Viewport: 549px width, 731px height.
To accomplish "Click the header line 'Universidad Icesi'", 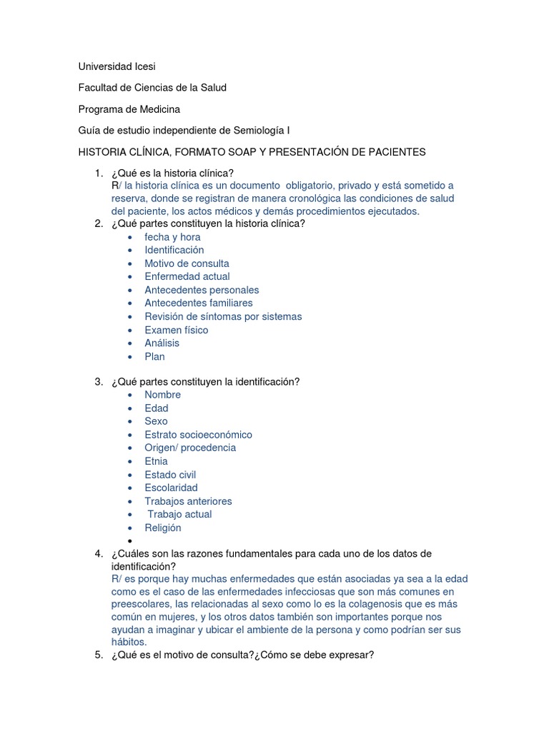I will (x=117, y=66).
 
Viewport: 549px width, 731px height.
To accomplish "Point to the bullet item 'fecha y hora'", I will (x=172, y=237).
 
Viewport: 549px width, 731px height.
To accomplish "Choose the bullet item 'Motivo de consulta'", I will (x=187, y=263).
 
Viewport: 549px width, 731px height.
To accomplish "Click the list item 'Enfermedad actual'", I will (x=187, y=276).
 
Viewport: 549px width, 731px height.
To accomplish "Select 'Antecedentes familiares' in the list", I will (x=198, y=303).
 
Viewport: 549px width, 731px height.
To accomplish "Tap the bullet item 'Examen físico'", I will (x=176, y=330).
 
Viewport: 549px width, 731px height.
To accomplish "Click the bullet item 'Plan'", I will (x=154, y=356).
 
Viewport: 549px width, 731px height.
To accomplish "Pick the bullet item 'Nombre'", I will (x=162, y=395).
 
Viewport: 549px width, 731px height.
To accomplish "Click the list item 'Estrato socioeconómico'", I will (x=198, y=435).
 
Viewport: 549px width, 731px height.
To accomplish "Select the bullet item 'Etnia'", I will (x=156, y=461).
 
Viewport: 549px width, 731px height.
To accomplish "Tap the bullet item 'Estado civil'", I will (x=170, y=475).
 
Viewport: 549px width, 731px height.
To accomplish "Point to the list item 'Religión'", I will (x=162, y=528).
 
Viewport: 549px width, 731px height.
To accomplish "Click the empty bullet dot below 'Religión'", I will (x=129, y=541).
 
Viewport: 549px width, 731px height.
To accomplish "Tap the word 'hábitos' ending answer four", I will (x=128, y=642).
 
